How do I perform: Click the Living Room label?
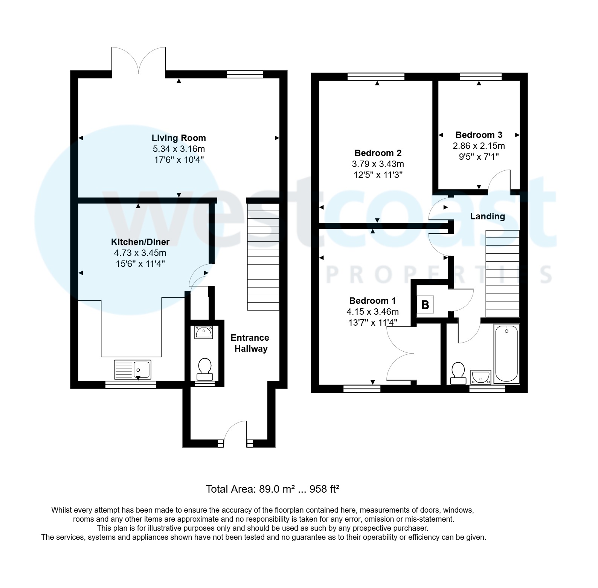click(178, 138)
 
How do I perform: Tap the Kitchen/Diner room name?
click(140, 242)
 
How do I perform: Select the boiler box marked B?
click(425, 305)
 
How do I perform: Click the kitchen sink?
click(132, 369)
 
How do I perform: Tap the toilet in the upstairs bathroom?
click(458, 374)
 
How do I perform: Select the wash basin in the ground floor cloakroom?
click(204, 332)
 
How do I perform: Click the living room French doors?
click(139, 60)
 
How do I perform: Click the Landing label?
click(487, 216)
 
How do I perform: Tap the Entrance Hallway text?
click(250, 343)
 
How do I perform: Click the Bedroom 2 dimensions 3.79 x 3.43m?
click(378, 164)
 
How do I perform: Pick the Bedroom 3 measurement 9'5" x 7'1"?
click(479, 157)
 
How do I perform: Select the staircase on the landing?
click(502, 274)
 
